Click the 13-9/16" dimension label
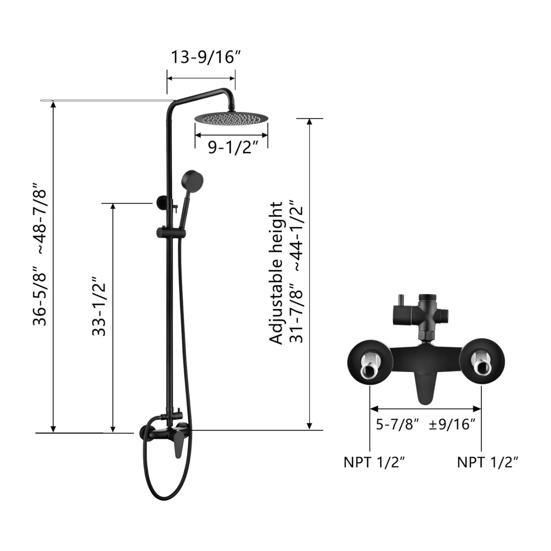(206, 57)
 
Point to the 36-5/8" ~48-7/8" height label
(40, 254)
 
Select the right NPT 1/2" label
(488, 462)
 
